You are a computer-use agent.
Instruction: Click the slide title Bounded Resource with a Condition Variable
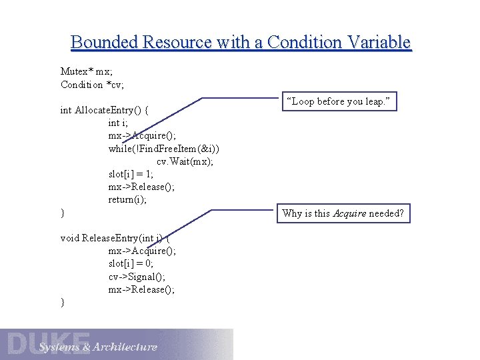pos(241,43)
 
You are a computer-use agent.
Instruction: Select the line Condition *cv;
pos(92,85)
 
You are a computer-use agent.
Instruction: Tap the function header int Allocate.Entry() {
pos(105,110)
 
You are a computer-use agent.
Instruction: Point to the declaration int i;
pos(118,123)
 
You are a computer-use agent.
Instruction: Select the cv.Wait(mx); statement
pos(185,161)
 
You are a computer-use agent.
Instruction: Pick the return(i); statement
pos(127,199)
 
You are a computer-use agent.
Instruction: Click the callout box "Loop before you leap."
pos(341,101)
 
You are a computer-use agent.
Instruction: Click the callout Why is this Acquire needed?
pos(343,213)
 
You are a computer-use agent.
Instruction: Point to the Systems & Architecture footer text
pos(97,347)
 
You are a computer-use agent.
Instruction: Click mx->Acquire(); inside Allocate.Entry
pos(142,135)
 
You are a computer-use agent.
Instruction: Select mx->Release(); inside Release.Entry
pos(141,289)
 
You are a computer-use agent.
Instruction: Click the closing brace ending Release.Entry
pos(63,303)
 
